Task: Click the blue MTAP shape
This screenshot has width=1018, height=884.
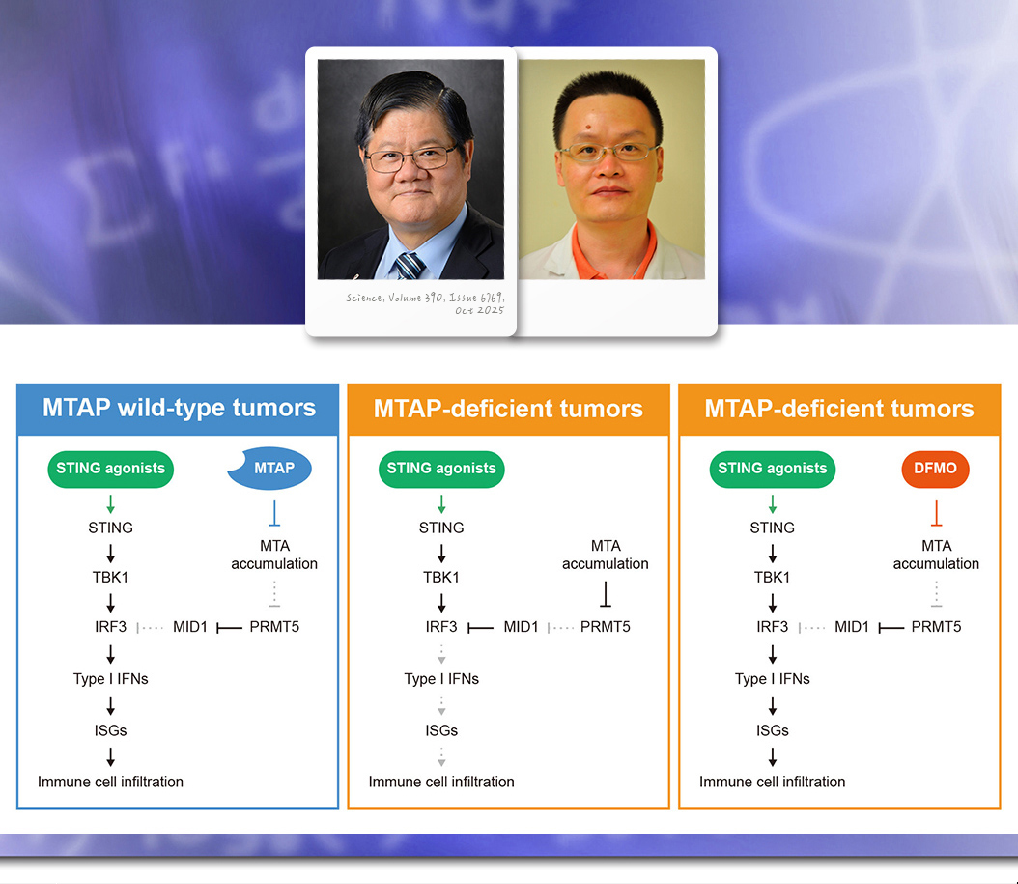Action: pyautogui.click(x=270, y=469)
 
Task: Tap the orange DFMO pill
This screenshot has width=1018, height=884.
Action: pyautogui.click(x=935, y=469)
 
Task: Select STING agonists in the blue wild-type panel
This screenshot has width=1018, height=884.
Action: pyautogui.click(x=110, y=469)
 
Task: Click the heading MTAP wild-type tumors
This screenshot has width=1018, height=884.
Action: pyautogui.click(x=179, y=408)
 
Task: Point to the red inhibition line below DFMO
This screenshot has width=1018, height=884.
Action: pyautogui.click(x=936, y=512)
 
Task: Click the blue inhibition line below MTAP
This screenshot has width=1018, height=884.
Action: pyautogui.click(x=274, y=512)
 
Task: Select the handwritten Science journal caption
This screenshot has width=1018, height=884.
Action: pyautogui.click(x=425, y=304)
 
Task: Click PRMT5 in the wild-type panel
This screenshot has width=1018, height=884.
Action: pyautogui.click(x=274, y=627)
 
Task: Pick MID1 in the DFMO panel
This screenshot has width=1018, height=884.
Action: pyautogui.click(x=852, y=627)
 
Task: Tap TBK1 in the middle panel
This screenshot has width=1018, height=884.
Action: pyautogui.click(x=441, y=577)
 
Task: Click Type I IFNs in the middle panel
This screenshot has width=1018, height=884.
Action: pyautogui.click(x=441, y=679)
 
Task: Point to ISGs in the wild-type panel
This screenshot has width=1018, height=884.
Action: pyautogui.click(x=110, y=730)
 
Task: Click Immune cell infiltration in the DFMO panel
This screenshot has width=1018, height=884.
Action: pyautogui.click(x=772, y=782)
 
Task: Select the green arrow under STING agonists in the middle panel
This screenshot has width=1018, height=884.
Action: pyautogui.click(x=441, y=504)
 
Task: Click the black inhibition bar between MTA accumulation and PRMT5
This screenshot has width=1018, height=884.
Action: pyautogui.click(x=605, y=593)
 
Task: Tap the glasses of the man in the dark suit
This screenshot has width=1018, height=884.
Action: pyautogui.click(x=410, y=158)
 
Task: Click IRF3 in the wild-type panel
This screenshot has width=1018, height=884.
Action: pyautogui.click(x=110, y=627)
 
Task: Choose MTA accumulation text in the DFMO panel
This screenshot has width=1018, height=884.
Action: pyautogui.click(x=936, y=555)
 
